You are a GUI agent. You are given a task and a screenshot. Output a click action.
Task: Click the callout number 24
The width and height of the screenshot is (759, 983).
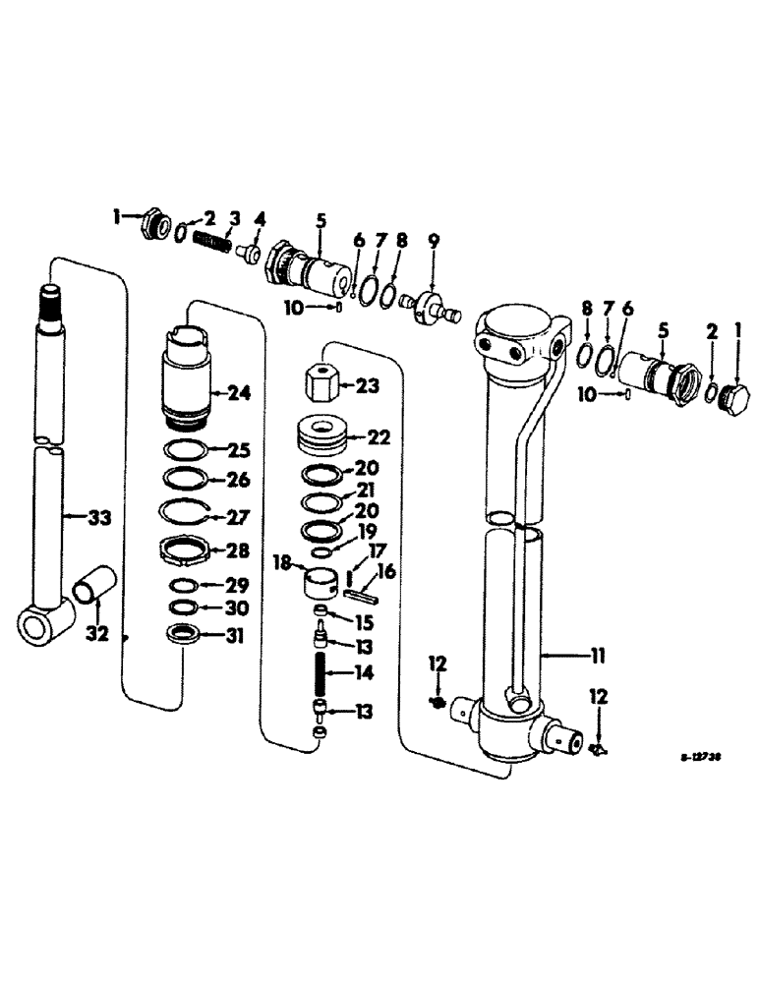pos(239,393)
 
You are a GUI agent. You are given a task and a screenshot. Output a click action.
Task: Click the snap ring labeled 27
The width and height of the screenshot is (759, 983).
pos(185,514)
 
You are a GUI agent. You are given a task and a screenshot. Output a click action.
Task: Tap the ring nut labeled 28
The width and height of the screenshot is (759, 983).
pos(185,551)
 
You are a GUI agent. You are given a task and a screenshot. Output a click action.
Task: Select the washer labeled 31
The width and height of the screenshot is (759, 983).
pos(185,635)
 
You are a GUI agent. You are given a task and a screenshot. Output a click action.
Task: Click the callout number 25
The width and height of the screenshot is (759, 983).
pos(239,451)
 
